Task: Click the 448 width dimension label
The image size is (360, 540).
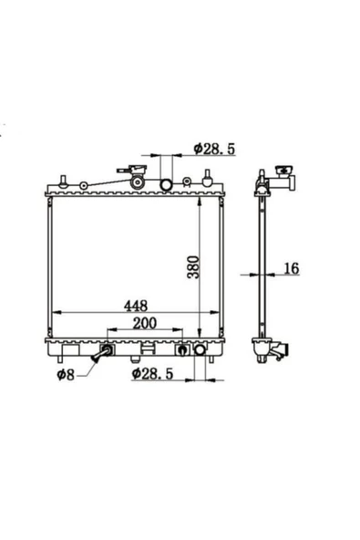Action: pos(136,306)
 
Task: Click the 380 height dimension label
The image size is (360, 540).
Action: pos(193,267)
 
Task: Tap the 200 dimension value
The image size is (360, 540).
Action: pos(145,323)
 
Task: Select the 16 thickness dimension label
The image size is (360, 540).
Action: pos(292,268)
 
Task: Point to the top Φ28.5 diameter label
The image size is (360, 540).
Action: pos(214,149)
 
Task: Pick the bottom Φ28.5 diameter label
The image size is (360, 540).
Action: pos(152,374)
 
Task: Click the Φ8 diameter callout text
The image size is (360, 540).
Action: pos(66,374)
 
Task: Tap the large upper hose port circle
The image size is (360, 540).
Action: pos(166,184)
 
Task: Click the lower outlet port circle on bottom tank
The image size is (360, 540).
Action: pos(200,349)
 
